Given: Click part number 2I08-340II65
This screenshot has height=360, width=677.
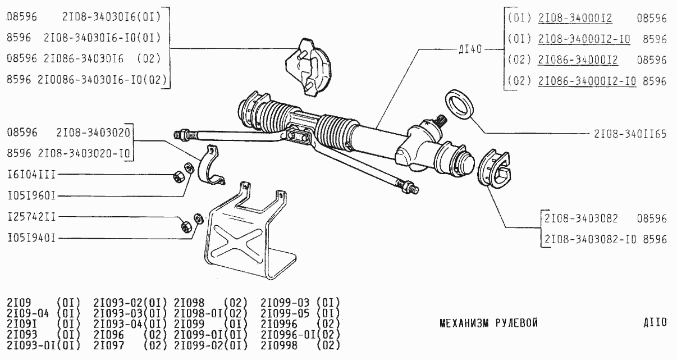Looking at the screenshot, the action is (630, 134).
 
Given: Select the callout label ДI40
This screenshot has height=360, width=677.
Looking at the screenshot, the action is (470, 49).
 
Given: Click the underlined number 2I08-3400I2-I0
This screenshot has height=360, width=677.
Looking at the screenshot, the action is (584, 39).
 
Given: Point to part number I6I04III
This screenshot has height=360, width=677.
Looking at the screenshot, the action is (31, 175).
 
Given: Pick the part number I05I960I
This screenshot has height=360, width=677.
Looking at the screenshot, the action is (31, 196).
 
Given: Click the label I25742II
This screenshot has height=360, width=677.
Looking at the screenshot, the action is (31, 217).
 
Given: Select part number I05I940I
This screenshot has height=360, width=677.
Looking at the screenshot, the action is (31, 239).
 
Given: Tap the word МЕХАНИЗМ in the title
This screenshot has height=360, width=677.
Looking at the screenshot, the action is (464, 323).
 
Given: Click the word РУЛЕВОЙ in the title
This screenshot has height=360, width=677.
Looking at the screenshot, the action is (516, 323).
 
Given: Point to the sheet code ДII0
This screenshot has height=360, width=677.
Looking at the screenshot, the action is (655, 322).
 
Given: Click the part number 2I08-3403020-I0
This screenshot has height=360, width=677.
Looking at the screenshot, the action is (84, 153).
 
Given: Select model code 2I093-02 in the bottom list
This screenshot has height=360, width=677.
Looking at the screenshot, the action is (118, 303).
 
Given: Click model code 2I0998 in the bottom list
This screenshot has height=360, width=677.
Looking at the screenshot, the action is (279, 345).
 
